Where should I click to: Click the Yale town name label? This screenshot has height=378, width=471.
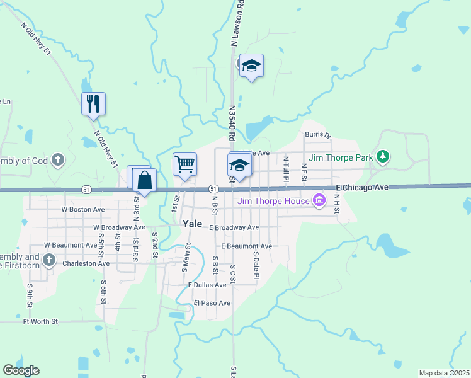pyautogui.click(x=192, y=223)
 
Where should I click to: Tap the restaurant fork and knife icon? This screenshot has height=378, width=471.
pyautogui.click(x=94, y=103)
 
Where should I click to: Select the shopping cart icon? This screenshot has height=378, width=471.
pyautogui.click(x=185, y=164)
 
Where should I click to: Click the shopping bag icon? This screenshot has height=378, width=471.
pyautogui.click(x=145, y=180)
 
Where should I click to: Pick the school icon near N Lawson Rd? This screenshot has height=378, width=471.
pyautogui.click(x=251, y=66)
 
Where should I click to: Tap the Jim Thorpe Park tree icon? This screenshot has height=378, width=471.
pyautogui.click(x=382, y=156)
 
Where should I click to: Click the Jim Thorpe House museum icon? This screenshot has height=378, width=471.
pyautogui.click(x=320, y=201)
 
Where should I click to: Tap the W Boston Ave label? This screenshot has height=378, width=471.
pyautogui.click(x=82, y=209)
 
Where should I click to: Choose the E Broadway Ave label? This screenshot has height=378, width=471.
pyautogui.click(x=234, y=227)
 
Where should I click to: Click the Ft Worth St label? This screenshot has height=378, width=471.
pyautogui.click(x=40, y=321)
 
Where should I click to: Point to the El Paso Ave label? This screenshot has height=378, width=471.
pyautogui.click(x=212, y=303)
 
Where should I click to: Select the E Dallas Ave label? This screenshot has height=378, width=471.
pyautogui.click(x=207, y=285)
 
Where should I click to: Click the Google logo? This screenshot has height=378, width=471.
pyautogui.click(x=21, y=370)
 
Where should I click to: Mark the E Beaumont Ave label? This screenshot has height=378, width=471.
pyautogui.click(x=246, y=246)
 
